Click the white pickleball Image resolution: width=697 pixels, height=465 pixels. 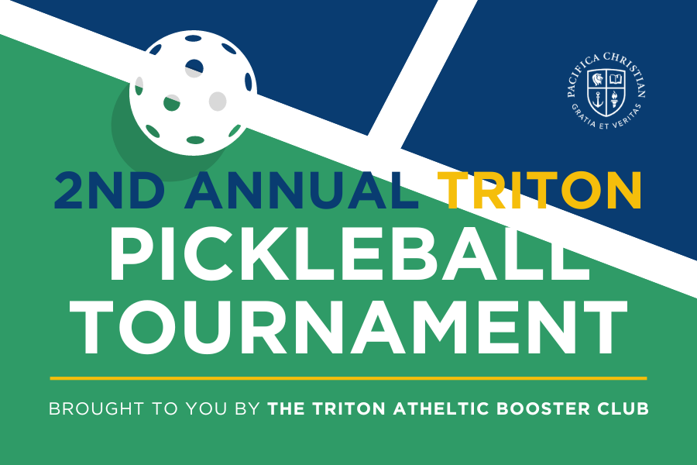pos(194,92)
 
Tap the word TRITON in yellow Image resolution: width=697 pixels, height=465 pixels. pos(540,190)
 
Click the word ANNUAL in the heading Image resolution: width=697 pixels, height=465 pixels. pos(302,190)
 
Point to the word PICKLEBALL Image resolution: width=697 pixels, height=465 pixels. pos(349,253)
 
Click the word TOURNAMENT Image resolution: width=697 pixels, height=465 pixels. pos(348,327)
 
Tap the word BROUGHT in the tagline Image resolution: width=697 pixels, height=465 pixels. pos(96,408)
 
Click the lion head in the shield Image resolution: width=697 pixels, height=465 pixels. pos(599,80)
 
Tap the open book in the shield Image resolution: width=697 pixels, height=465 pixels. pos(616,80)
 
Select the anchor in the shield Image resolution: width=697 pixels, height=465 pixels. pos(599,98)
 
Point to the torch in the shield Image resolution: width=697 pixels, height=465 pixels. pos(615,98)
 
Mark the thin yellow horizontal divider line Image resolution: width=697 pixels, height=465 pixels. pos(348,378)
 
